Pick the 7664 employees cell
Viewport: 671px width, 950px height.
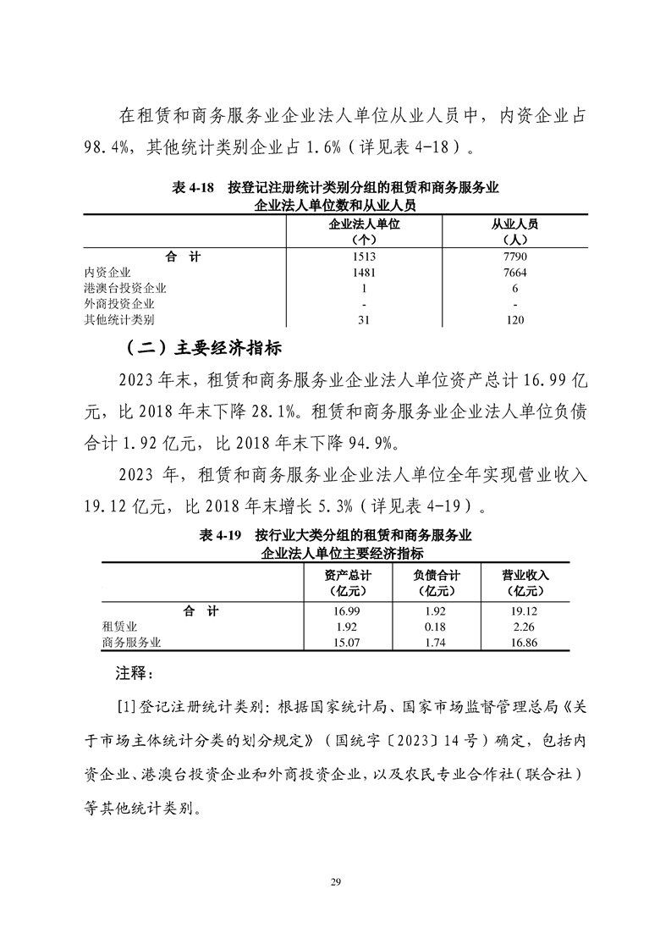(515, 272)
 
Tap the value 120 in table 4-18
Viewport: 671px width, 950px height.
(515, 320)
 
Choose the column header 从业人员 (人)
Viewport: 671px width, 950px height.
(515, 231)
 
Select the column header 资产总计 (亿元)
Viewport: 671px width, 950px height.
(347, 583)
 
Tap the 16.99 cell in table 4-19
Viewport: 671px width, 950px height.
(347, 610)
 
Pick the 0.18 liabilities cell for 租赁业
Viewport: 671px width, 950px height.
(437, 627)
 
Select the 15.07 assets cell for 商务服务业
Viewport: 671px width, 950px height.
(347, 643)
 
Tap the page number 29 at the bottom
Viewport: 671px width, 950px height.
(335, 883)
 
